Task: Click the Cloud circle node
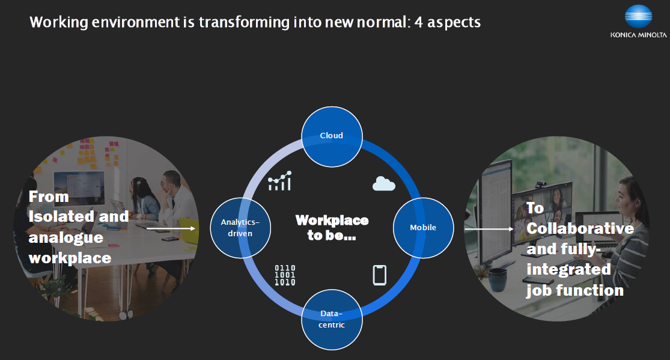(332, 137)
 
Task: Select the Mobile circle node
(423, 228)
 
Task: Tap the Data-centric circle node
(332, 319)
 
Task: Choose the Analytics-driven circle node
(240, 228)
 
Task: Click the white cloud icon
(384, 183)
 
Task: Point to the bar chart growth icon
(280, 181)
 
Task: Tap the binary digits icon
(285, 275)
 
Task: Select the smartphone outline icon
(379, 275)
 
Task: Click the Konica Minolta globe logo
(638, 17)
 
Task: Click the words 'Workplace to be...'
(332, 227)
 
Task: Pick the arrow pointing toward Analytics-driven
(171, 229)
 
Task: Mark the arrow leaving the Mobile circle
(489, 229)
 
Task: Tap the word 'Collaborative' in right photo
(580, 228)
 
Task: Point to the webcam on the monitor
(541, 185)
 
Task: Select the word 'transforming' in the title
(244, 22)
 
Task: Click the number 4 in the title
(419, 22)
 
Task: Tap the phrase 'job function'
(575, 291)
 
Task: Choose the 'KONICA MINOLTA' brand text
(638, 35)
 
